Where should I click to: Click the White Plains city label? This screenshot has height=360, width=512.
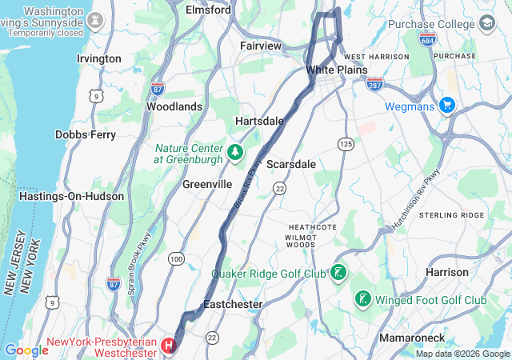[336, 70]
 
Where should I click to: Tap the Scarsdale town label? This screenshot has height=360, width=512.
[290, 163]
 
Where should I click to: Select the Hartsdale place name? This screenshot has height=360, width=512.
[259, 120]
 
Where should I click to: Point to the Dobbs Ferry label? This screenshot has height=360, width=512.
[86, 134]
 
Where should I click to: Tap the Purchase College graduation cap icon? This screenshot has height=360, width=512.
[486, 24]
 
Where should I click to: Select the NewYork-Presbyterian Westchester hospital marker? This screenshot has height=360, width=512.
[169, 346]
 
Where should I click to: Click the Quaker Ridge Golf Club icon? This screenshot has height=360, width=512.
[338, 274]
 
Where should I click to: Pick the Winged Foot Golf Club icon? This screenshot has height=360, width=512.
[362, 300]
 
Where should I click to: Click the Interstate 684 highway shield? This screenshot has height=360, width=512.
[426, 40]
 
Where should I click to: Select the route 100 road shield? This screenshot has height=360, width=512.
[176, 258]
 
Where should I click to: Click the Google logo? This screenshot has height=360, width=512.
[26, 350]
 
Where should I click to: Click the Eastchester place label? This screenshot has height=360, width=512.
[233, 305]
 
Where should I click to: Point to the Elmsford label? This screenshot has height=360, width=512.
[208, 10]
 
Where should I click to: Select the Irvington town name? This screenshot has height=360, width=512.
[98, 58]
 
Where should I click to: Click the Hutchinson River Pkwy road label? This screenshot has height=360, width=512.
[419, 197]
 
